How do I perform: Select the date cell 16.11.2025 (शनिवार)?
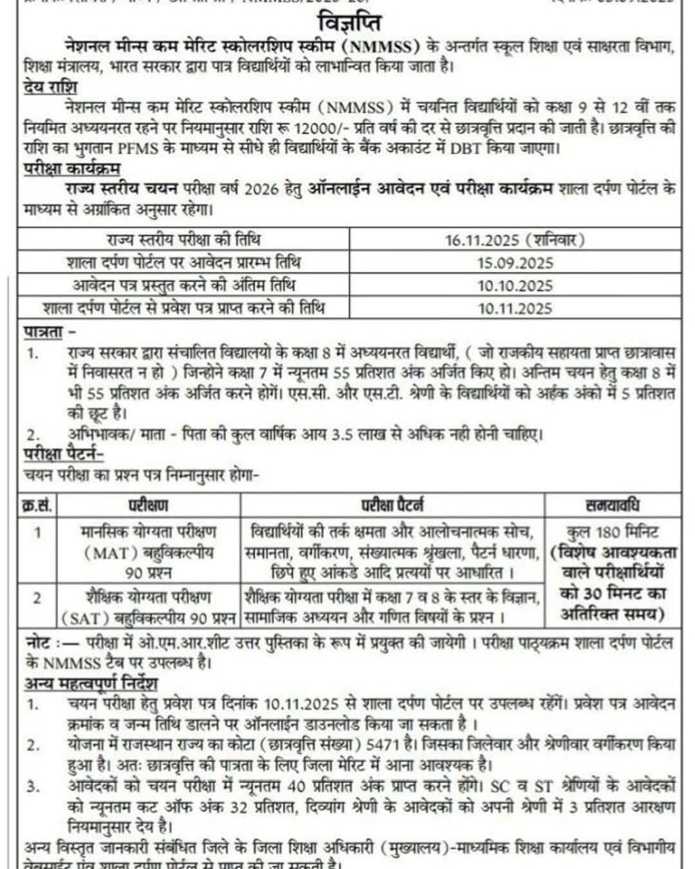[515, 240]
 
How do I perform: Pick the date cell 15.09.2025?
[515, 263]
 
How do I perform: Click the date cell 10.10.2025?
[515, 285]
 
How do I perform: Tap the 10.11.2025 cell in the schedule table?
[515, 308]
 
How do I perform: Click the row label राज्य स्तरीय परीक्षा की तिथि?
[184, 240]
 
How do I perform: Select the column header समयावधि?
[612, 505]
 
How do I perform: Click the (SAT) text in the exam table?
[86, 618]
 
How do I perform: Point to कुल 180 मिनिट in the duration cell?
[612, 533]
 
